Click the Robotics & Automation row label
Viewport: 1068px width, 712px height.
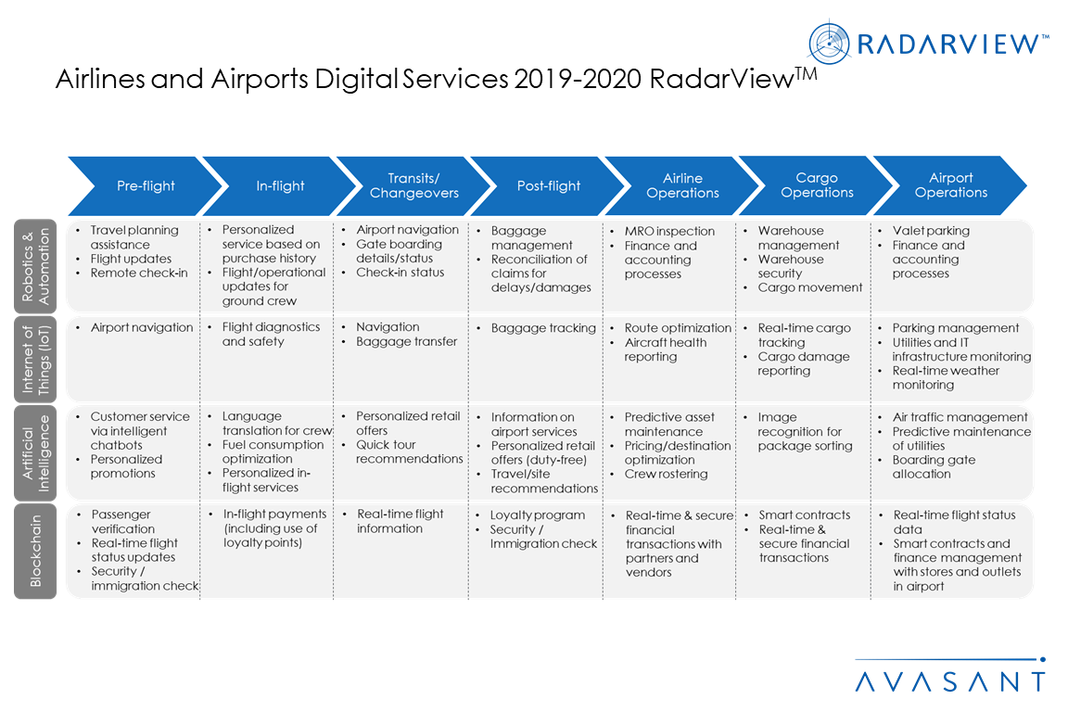tap(35, 266)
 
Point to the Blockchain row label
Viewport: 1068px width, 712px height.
tap(35, 551)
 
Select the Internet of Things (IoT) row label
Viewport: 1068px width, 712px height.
tap(35, 359)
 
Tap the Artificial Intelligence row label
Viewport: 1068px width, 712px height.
tap(35, 453)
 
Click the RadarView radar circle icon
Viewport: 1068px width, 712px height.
tap(829, 44)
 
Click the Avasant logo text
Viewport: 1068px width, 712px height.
tap(950, 681)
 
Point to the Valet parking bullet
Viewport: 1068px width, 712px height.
tap(931, 231)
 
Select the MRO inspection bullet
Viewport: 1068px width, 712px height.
tap(669, 231)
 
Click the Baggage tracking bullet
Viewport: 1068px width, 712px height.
tap(543, 328)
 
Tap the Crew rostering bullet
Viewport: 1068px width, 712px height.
tap(666, 474)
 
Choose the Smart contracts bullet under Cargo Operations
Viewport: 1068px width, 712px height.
tap(805, 515)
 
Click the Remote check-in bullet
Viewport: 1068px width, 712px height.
tap(139, 273)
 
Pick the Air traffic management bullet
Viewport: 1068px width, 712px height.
tap(960, 417)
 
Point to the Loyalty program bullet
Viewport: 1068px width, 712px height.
tap(537, 515)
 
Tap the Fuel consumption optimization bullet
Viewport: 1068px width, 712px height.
tap(273, 451)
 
